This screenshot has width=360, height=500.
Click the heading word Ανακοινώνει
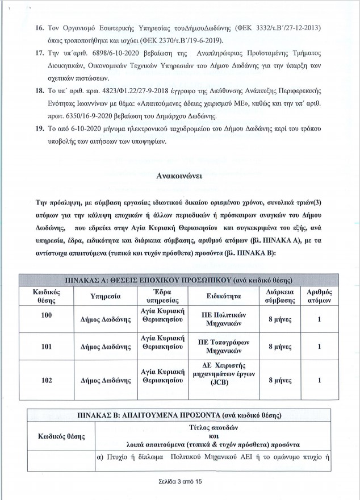coord(181,176)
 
